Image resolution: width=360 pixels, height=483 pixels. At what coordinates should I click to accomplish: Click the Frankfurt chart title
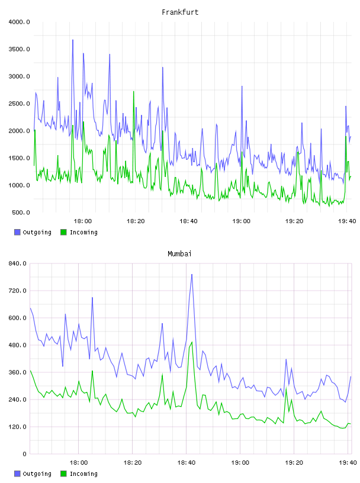(180, 12)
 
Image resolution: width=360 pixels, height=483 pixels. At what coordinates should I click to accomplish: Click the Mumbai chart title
(179, 254)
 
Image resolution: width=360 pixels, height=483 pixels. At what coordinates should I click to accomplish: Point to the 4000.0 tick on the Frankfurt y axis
(19, 22)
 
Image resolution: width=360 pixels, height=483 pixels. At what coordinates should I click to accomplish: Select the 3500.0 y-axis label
(19, 49)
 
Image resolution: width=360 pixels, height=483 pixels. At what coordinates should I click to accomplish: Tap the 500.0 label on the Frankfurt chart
(21, 212)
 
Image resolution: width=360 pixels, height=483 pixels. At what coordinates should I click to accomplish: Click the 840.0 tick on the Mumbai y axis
(18, 263)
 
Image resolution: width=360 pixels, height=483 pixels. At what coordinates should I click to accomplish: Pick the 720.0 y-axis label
(18, 291)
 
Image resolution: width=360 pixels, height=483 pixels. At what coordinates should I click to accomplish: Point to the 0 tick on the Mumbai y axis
(25, 454)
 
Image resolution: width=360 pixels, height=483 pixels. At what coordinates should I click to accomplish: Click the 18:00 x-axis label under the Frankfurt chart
(83, 221)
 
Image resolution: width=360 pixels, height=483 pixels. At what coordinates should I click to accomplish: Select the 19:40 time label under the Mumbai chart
(348, 463)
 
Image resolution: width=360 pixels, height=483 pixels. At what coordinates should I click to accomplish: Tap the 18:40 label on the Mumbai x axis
(186, 463)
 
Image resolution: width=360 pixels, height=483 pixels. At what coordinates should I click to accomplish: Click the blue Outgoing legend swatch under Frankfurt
(17, 232)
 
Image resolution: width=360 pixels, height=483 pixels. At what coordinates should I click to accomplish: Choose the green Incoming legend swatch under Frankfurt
(63, 232)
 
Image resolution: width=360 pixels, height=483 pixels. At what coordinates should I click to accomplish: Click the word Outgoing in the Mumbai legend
(37, 474)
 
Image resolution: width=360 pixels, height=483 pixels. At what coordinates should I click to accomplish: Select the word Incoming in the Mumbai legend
(83, 474)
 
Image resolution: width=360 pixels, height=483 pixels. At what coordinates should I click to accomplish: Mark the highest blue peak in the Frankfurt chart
(73, 40)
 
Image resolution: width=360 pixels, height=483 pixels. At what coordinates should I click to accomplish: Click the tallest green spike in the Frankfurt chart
(134, 92)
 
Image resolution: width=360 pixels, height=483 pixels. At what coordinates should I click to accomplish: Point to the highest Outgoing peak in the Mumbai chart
(192, 274)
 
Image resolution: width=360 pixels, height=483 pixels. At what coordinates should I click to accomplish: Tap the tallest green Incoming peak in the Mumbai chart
(192, 342)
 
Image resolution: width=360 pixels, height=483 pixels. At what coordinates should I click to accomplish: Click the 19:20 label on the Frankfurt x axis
(294, 221)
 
